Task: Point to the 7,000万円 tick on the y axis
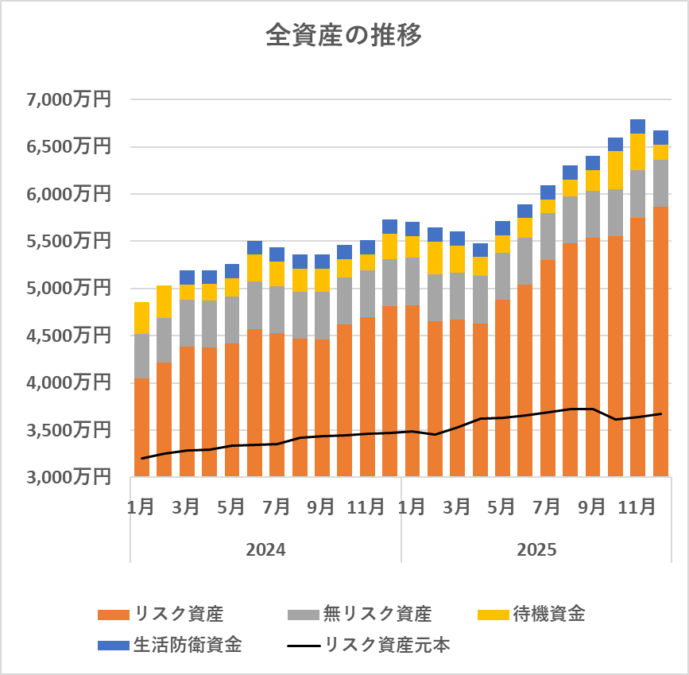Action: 68,100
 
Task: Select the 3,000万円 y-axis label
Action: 68,478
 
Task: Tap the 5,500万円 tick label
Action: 68,242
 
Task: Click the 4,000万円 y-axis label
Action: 68,383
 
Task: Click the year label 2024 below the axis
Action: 265,549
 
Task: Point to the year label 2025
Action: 536,549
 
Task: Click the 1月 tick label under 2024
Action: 141,507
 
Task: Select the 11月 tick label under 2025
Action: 637,507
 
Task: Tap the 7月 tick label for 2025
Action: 548,507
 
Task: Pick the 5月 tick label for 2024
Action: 231,507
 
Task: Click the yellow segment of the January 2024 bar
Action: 141,318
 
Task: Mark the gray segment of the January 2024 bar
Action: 141,355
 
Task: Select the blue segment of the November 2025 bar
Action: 637,126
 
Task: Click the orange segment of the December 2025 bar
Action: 660,342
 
